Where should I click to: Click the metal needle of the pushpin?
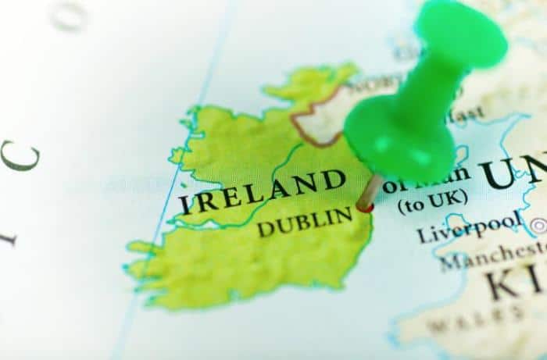pyautogui.click(x=370, y=191)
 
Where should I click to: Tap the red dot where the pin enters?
pyautogui.click(x=364, y=207)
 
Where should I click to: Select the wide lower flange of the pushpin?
pyautogui.click(x=399, y=137)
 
